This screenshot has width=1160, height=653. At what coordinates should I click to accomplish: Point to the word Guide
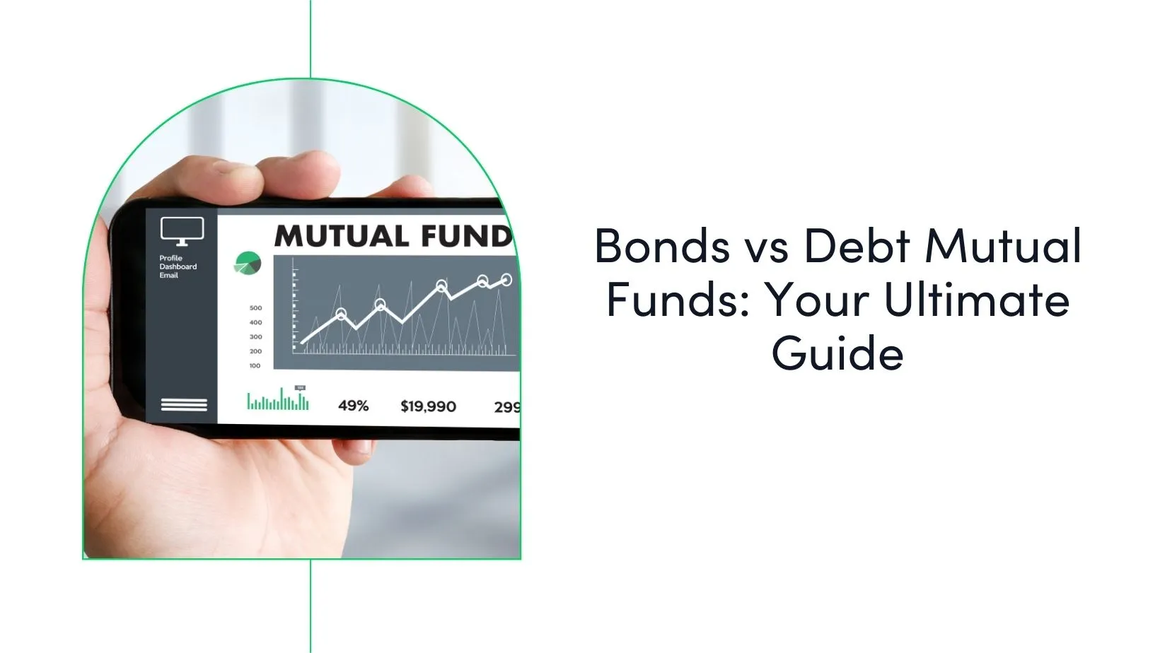pyautogui.click(x=837, y=353)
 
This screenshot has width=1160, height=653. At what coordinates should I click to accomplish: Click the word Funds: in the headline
pyautogui.click(x=678, y=300)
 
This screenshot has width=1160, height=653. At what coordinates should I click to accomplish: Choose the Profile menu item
pyautogui.click(x=170, y=258)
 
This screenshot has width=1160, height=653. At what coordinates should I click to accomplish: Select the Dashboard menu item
pyautogui.click(x=178, y=266)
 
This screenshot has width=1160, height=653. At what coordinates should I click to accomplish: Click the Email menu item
pyautogui.click(x=168, y=275)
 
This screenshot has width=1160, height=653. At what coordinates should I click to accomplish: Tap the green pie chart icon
pyautogui.click(x=248, y=264)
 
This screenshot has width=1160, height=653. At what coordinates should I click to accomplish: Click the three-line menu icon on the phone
pyautogui.click(x=184, y=405)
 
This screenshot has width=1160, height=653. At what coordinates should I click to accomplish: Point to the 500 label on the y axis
pyautogui.click(x=255, y=308)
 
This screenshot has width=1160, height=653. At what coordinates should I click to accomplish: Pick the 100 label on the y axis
pyautogui.click(x=255, y=366)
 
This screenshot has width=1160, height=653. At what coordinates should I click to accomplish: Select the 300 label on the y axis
pyautogui.click(x=255, y=337)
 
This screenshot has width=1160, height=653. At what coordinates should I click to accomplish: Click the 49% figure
pyautogui.click(x=353, y=406)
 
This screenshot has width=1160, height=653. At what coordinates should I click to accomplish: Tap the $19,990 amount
pyautogui.click(x=428, y=406)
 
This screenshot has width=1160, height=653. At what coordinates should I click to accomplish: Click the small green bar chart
pyautogui.click(x=278, y=400)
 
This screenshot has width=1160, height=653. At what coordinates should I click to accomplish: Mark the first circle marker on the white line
pyautogui.click(x=341, y=314)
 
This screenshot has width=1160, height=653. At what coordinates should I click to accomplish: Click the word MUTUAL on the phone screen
pyautogui.click(x=340, y=236)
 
